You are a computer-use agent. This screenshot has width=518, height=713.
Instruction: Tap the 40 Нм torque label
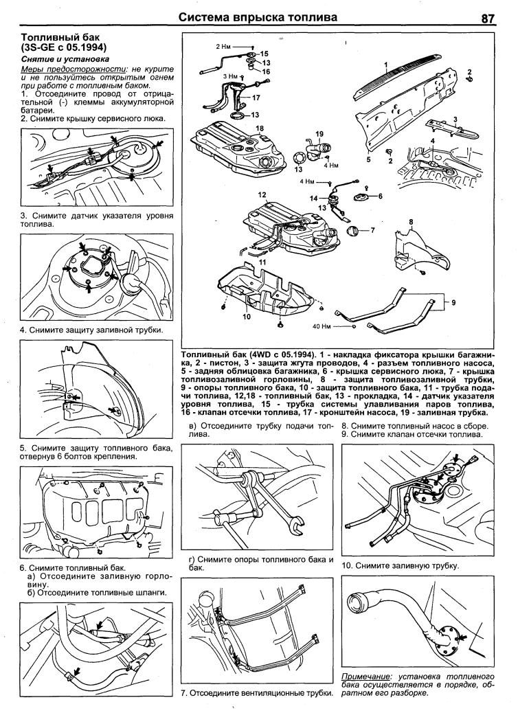click(x=322, y=326)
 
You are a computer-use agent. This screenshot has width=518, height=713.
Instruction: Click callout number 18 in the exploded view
click(x=260, y=128)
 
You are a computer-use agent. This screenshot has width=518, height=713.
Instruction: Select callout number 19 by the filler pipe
click(x=319, y=133)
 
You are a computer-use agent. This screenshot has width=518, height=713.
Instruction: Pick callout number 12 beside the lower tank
click(x=262, y=195)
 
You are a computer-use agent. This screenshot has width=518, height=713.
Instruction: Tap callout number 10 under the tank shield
click(x=245, y=317)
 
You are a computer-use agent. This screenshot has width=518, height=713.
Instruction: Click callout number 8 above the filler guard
click(x=410, y=221)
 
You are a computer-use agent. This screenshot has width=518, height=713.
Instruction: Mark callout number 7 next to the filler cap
click(x=373, y=230)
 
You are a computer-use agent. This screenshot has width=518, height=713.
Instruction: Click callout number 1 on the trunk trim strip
click(x=386, y=65)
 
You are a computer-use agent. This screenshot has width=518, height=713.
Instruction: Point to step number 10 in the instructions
click(x=346, y=566)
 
